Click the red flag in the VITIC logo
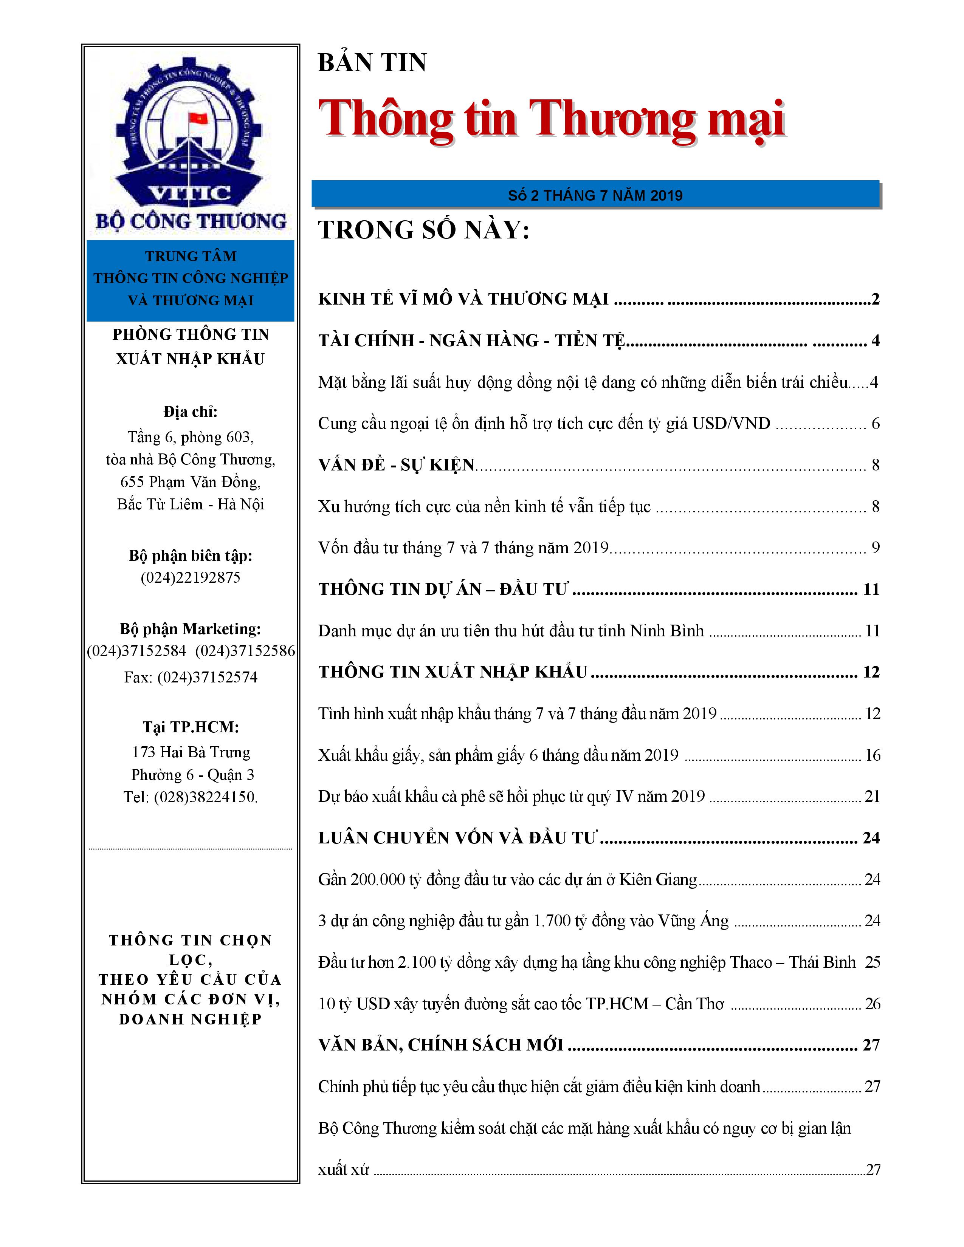pos(198,118)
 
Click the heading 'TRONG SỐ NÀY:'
pos(424,230)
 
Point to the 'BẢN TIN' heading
pos(372,63)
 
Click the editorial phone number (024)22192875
pos(190,577)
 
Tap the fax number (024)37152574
pos(207,677)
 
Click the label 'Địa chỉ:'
pos(190,412)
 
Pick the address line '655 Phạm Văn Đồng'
pos(190,482)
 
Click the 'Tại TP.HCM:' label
pos(190,727)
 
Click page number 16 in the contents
pos(873,755)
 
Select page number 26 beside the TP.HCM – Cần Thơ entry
pos(873,1004)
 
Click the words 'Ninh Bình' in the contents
pos(666,631)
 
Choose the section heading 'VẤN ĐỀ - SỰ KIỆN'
pos(396,465)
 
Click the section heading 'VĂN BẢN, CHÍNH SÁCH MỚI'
pos(441,1045)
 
